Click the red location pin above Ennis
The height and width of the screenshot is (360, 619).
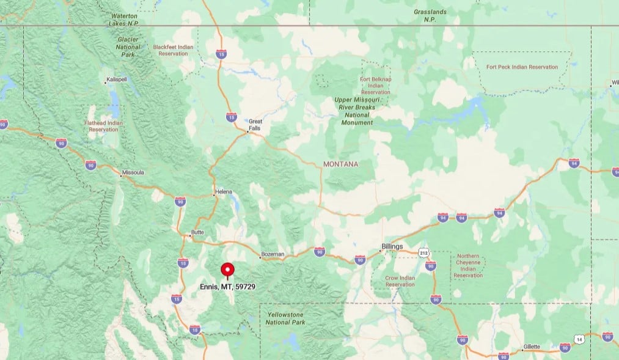227,270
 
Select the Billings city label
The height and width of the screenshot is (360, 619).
392,246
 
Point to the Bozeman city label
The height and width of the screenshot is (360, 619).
273,254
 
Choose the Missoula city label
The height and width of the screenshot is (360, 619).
133,172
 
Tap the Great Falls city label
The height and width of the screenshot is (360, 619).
255,125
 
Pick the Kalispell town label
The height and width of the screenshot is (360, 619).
115,80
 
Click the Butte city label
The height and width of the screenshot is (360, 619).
197,232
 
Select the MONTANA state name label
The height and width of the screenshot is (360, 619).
341,164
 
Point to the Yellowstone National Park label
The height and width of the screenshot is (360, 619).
286,318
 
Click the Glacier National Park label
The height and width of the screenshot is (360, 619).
129,46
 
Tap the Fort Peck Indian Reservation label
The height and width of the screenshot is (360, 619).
522,67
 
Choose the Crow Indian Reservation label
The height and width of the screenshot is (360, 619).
400,281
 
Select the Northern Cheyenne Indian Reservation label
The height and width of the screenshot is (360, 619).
468,266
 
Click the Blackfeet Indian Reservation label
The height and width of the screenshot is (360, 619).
174,50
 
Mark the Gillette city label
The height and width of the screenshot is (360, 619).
531,347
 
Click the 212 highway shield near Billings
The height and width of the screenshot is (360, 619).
423,252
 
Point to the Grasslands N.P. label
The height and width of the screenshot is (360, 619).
430,15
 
